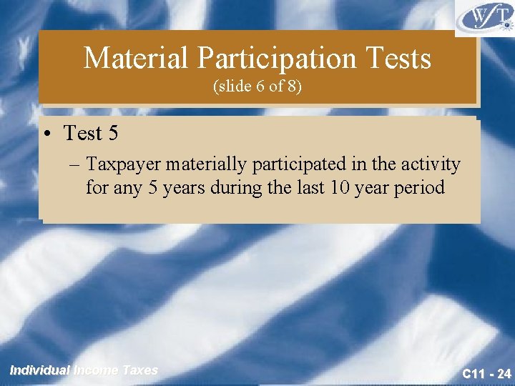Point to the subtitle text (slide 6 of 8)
pyautogui.click(x=257, y=86)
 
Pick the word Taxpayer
pyautogui.click(x=123, y=165)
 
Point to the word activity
pyautogui.click(x=431, y=165)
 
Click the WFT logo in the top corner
pyautogui.click(x=484, y=17)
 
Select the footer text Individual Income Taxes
pyautogui.click(x=84, y=370)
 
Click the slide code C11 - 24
pyautogui.click(x=486, y=373)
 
